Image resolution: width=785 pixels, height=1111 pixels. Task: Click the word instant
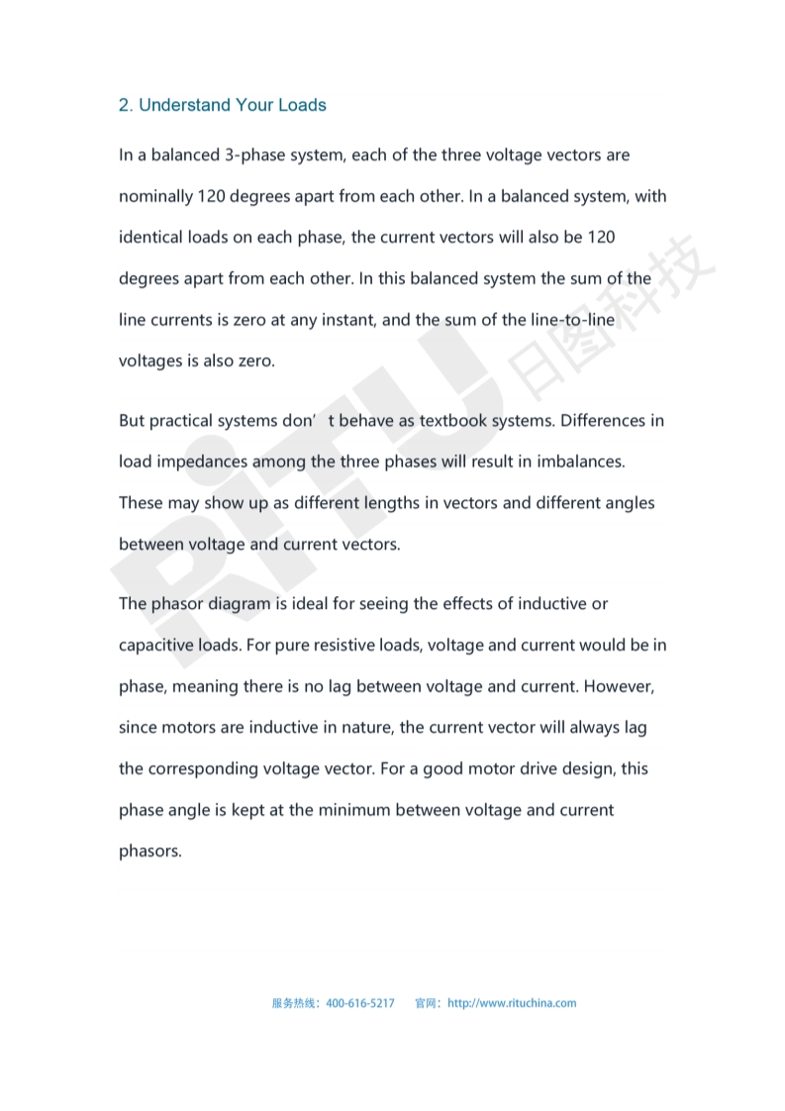point(346,320)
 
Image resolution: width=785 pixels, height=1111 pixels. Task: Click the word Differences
point(602,421)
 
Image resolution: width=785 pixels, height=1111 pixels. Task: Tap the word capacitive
point(155,645)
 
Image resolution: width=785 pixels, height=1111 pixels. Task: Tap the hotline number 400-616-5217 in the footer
point(360,1003)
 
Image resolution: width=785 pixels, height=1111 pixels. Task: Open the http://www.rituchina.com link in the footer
point(512,1003)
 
